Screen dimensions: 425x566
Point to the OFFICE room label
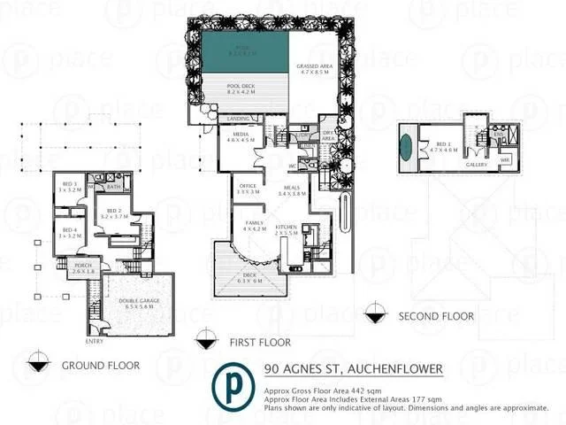(248, 187)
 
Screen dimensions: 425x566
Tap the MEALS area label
(291, 189)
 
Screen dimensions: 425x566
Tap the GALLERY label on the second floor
(452, 165)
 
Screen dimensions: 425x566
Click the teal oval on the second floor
(406, 145)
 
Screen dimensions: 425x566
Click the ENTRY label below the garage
(95, 340)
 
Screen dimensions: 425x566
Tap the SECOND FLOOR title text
(435, 316)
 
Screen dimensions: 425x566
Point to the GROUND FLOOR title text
(95, 365)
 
